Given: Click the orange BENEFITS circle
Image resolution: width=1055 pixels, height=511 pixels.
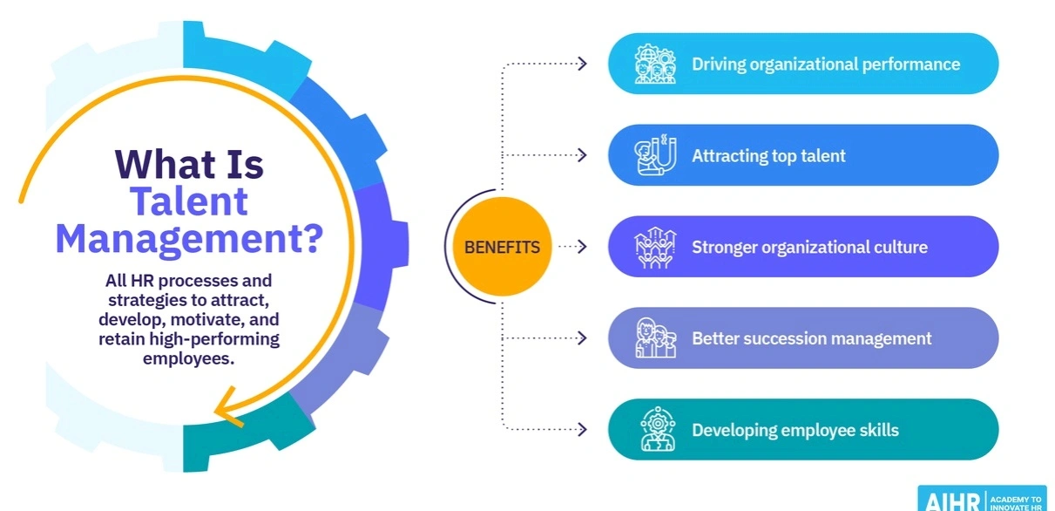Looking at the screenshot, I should [x=502, y=247].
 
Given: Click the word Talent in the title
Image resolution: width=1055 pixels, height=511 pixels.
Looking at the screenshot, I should [x=189, y=201].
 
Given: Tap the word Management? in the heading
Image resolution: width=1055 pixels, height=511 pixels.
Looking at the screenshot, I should [x=189, y=239].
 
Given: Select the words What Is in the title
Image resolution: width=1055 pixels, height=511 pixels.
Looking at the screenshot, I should [x=189, y=165].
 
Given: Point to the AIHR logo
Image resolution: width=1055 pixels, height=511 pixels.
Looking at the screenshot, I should [x=981, y=499].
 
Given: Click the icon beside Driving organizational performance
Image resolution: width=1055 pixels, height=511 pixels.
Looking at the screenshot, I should [x=655, y=64].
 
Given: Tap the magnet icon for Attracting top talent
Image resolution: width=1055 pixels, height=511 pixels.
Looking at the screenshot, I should [x=655, y=155].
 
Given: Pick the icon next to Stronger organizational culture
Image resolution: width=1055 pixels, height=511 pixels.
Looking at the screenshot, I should [x=655, y=247].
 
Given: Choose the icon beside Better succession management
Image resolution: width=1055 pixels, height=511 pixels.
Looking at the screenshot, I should [x=655, y=338].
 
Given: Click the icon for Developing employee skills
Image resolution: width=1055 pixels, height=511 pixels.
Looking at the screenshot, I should [x=655, y=430].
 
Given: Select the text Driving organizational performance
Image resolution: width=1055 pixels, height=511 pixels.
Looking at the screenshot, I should [x=826, y=64].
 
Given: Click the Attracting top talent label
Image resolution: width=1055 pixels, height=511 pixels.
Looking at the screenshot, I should [x=768, y=156].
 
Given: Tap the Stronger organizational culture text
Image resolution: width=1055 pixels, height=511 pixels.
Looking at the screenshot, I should [x=809, y=247].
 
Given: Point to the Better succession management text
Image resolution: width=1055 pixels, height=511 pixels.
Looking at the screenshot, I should [x=812, y=338].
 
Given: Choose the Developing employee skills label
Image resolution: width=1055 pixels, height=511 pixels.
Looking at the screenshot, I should [x=795, y=430].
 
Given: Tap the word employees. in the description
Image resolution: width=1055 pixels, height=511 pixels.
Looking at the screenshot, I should [x=189, y=358].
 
